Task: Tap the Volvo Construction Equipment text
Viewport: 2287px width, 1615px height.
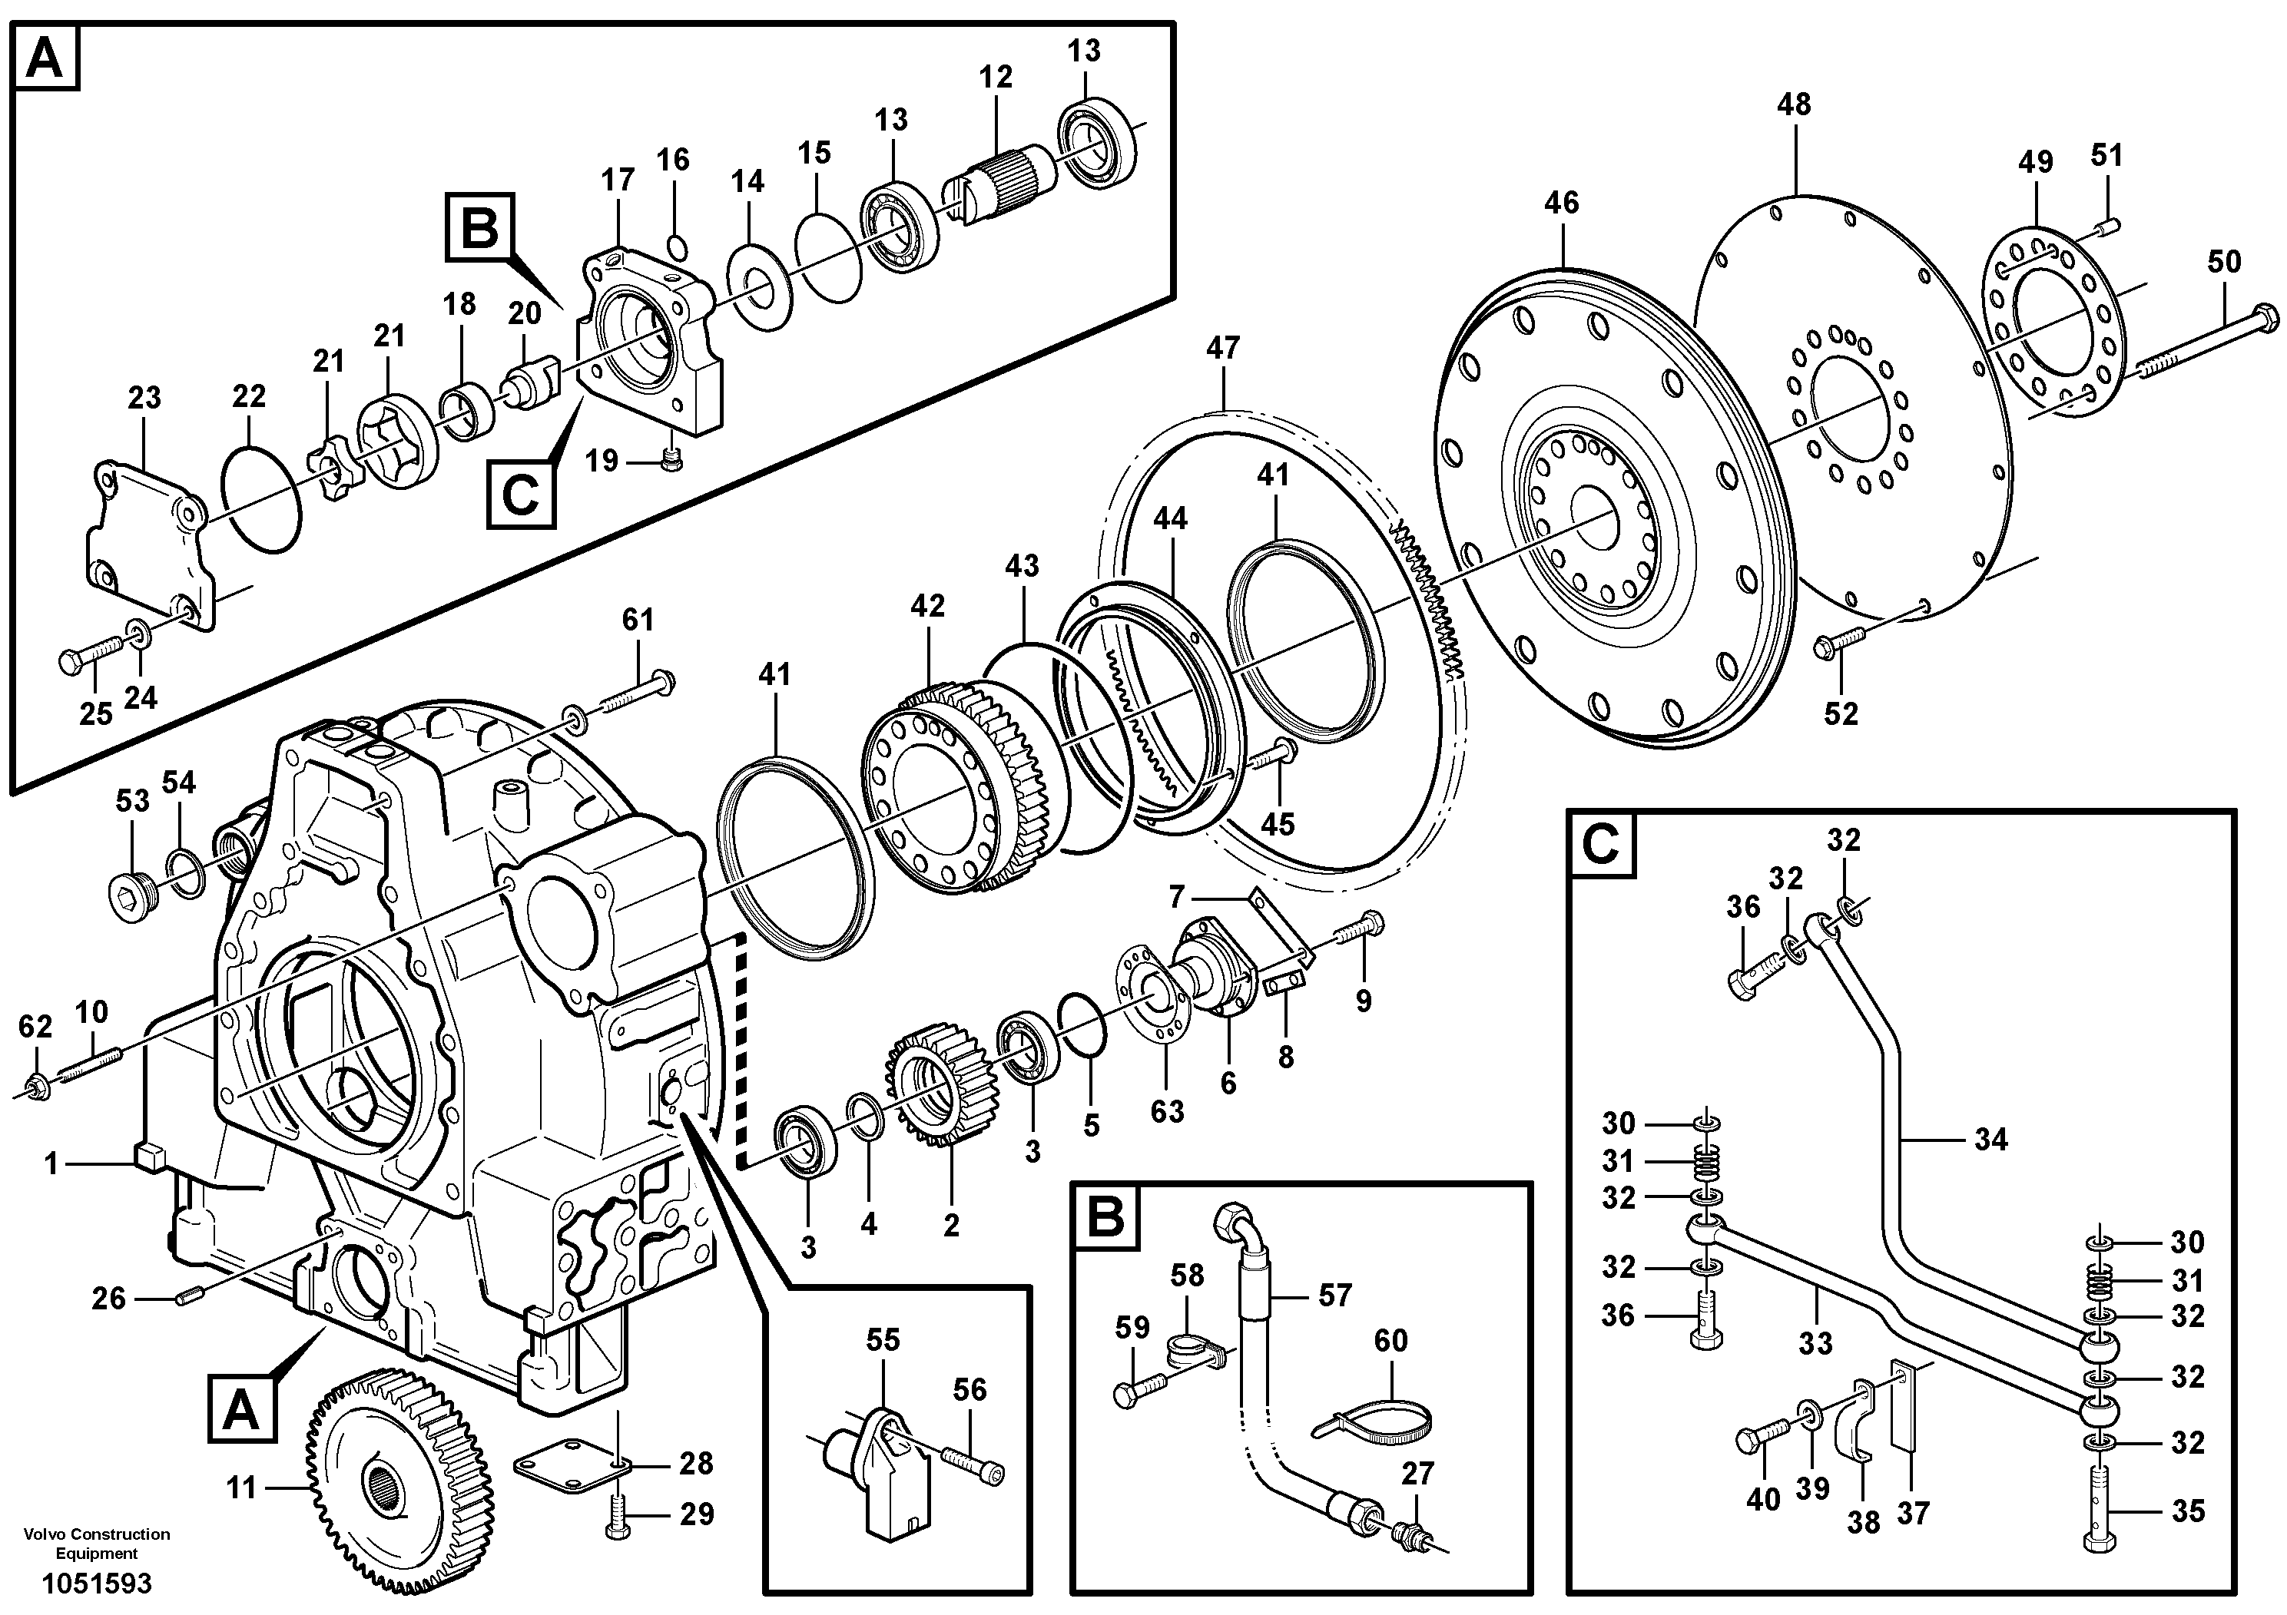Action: coord(98,1544)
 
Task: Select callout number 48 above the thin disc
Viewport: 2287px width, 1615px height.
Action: coord(1794,104)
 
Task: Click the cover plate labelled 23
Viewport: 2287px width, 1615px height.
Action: coord(149,543)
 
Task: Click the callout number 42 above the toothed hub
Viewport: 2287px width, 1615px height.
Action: coord(927,605)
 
